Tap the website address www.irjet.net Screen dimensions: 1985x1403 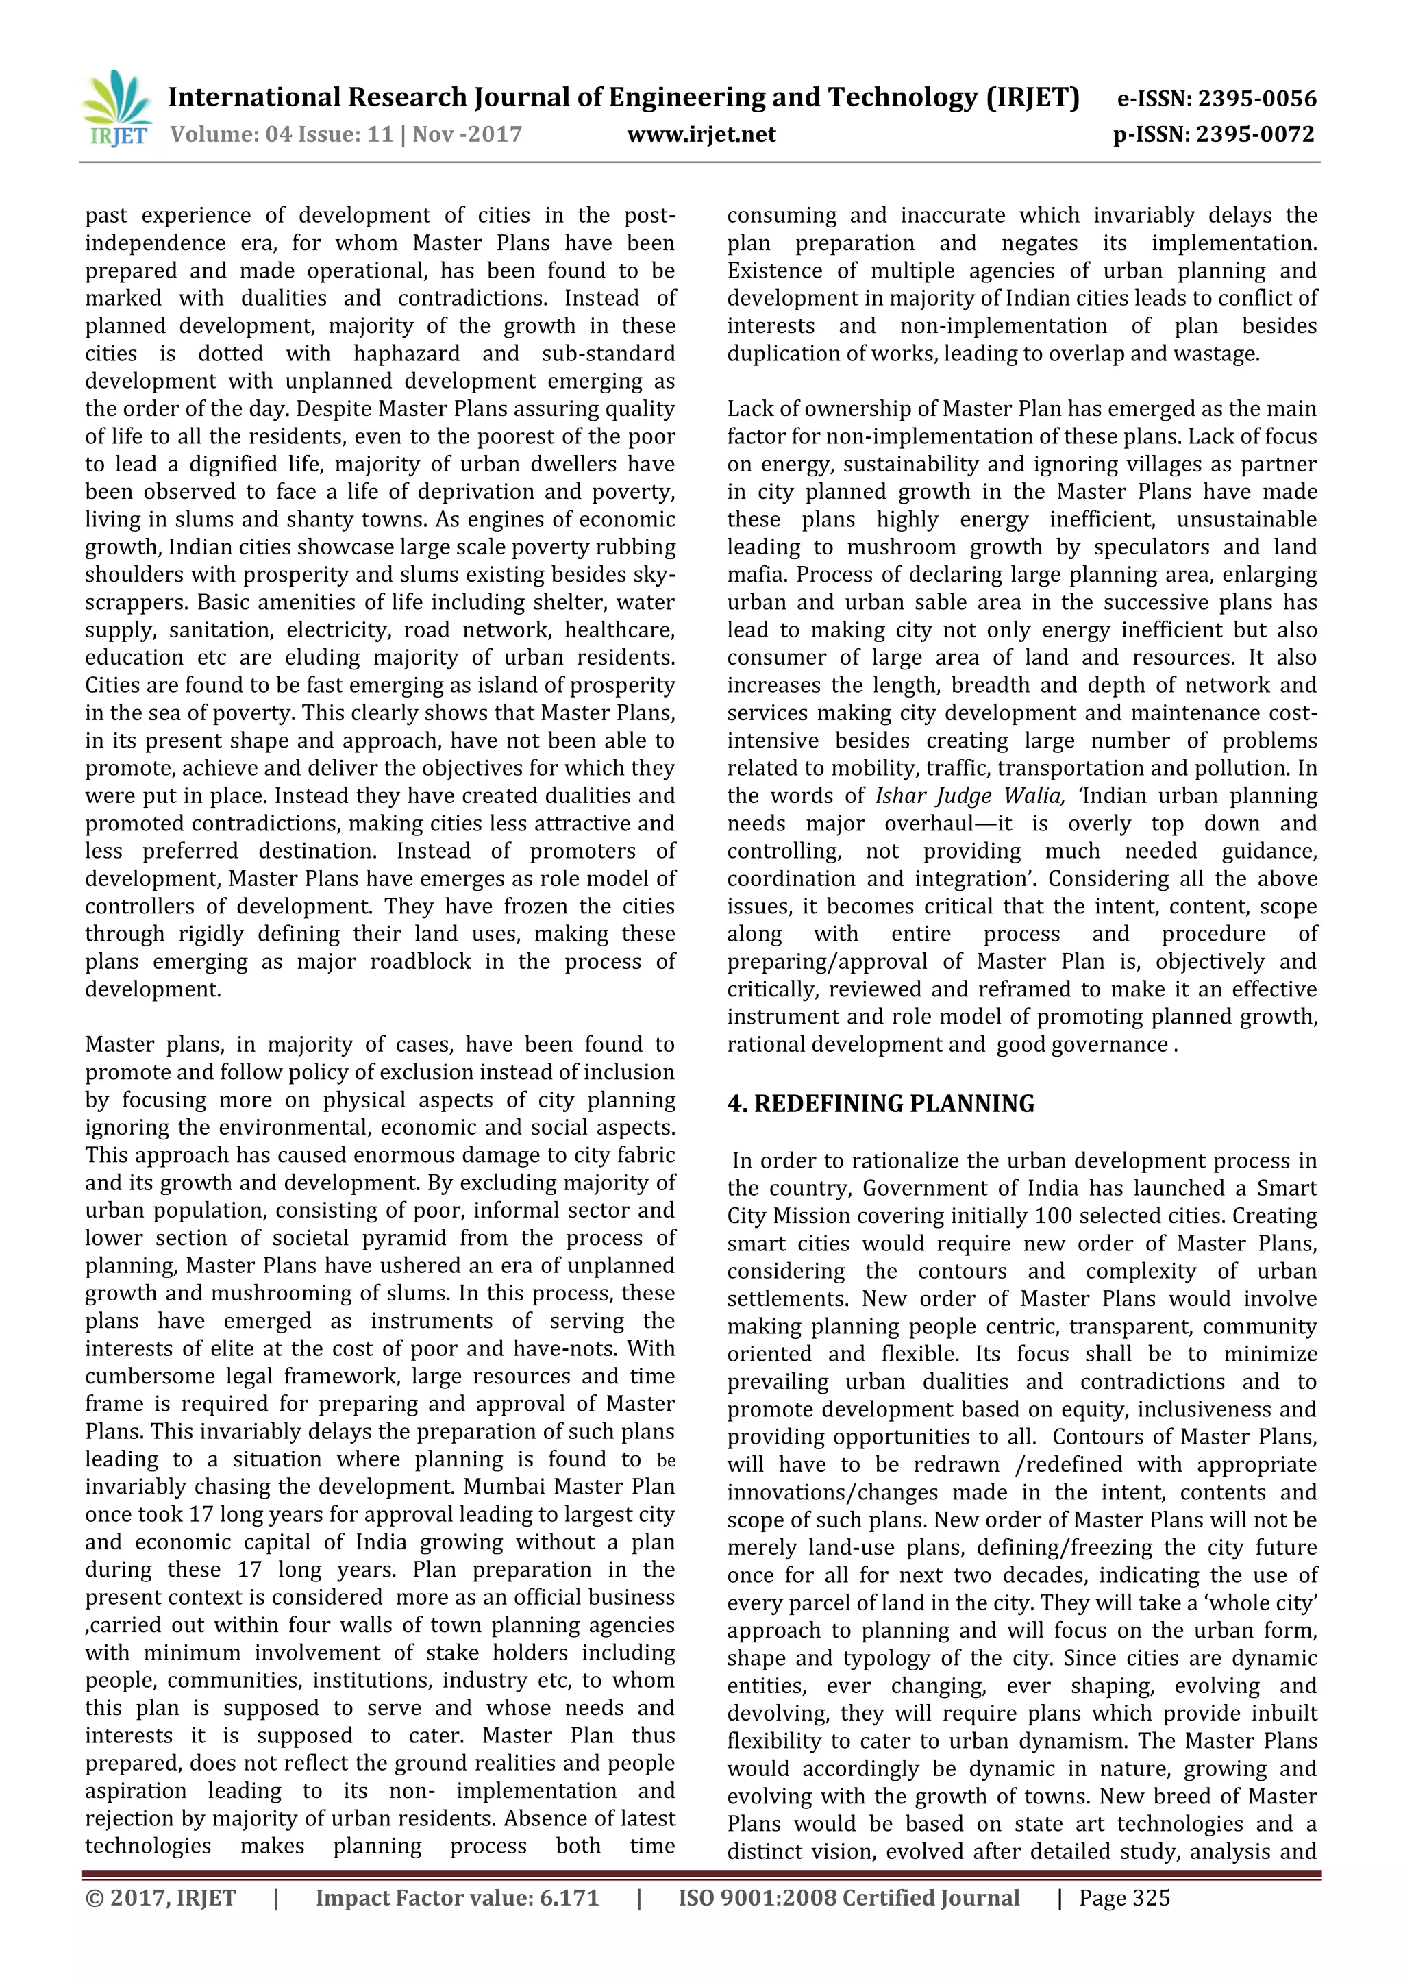point(701,135)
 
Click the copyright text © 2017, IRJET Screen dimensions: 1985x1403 point(161,1898)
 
